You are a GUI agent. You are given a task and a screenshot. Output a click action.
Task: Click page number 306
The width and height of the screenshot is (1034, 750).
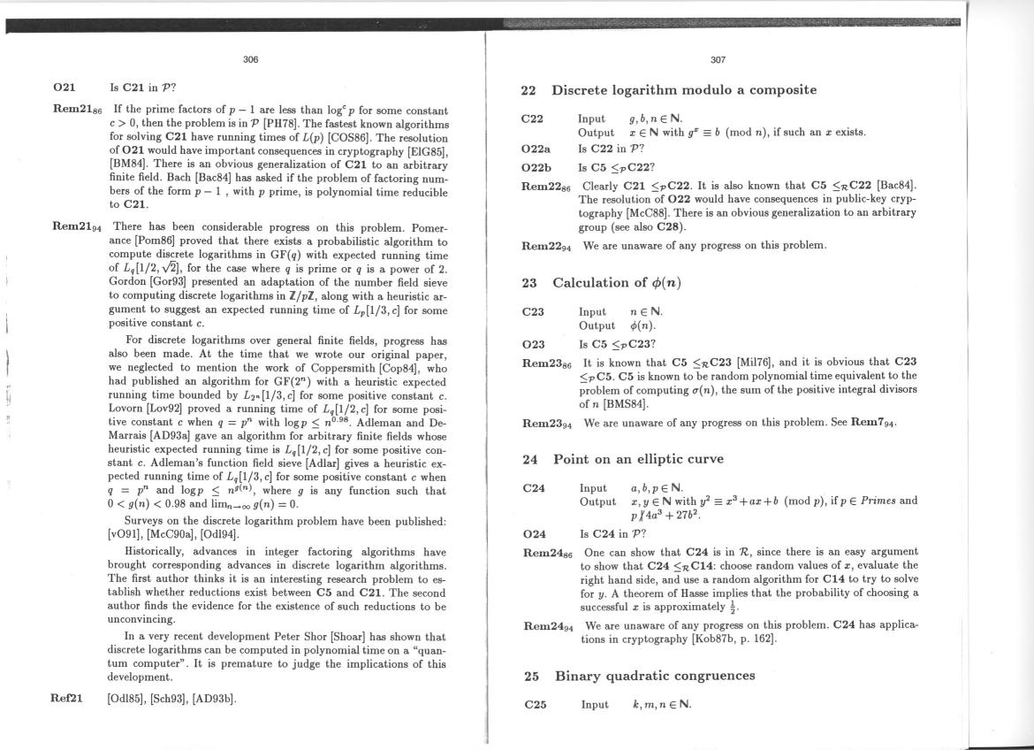(251, 60)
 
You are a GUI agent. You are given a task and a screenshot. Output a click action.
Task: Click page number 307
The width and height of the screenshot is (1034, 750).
(718, 60)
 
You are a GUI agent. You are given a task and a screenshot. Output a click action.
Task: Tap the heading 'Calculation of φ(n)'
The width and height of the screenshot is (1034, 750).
(617, 283)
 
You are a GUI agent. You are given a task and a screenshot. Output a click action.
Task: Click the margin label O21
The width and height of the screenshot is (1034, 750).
(65, 88)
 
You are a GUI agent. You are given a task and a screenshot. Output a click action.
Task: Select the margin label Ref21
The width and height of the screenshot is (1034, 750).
(67, 698)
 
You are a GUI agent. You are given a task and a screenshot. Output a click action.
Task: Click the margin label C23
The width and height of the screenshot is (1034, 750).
(533, 311)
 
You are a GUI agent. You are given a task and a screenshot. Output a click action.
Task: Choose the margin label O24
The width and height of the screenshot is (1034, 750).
(534, 533)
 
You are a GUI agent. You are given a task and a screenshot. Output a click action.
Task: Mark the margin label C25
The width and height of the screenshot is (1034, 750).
(535, 705)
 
